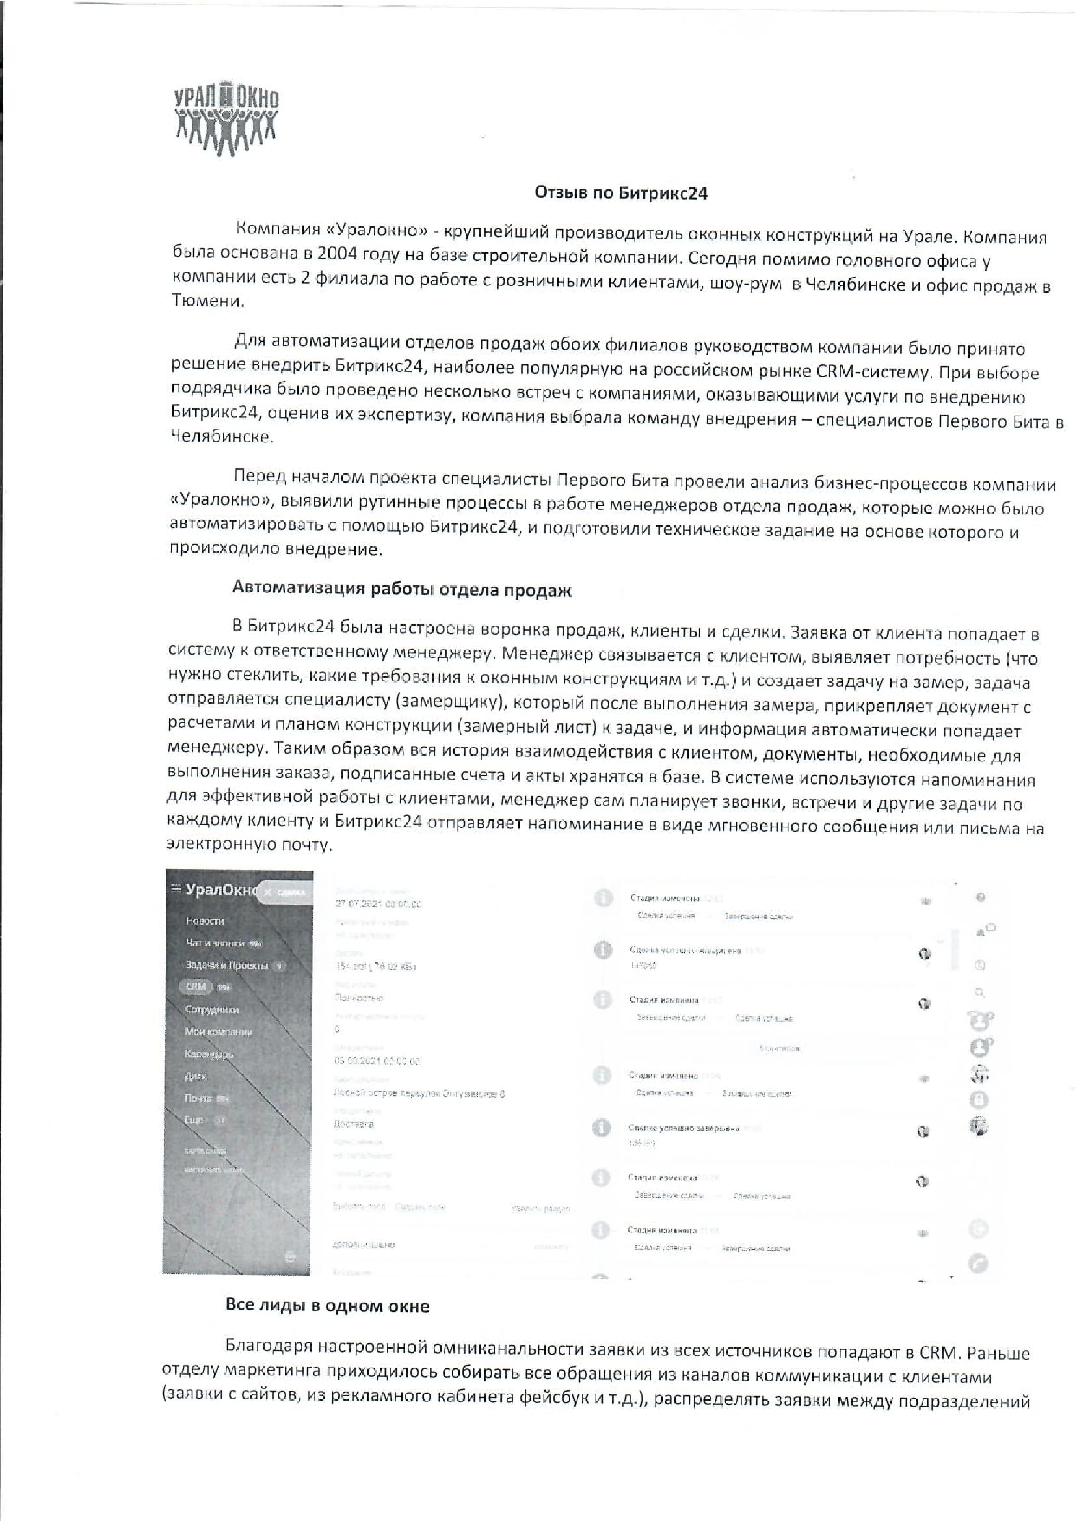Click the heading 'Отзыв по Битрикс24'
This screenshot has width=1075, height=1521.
(x=621, y=192)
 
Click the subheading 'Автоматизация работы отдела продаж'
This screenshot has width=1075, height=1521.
(x=401, y=589)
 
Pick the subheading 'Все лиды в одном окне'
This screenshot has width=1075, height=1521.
(x=327, y=1306)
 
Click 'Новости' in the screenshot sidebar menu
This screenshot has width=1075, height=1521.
(x=205, y=921)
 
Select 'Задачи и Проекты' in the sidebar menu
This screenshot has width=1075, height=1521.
(x=226, y=965)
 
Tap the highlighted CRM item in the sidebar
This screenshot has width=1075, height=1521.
(x=195, y=986)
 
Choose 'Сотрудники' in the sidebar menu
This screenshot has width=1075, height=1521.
(x=212, y=1010)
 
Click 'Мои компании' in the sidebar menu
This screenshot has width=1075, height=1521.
(x=219, y=1031)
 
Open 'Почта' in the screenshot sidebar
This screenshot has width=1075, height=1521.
(x=198, y=1098)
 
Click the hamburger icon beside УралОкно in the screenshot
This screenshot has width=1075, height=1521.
(x=176, y=889)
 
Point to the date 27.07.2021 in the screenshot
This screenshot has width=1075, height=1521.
(x=378, y=905)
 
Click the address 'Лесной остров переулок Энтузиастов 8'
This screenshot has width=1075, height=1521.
(x=419, y=1093)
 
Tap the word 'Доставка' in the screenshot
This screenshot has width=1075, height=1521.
(x=353, y=1124)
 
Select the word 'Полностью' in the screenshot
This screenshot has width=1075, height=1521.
(x=359, y=998)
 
